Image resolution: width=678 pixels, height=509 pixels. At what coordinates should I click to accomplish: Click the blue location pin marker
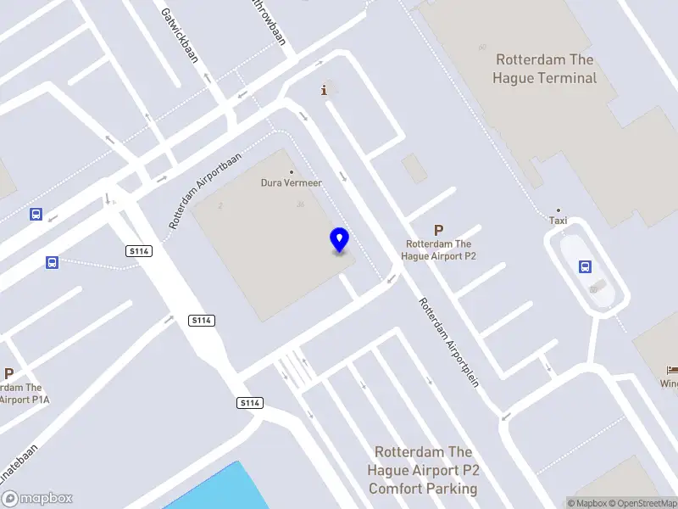(340, 240)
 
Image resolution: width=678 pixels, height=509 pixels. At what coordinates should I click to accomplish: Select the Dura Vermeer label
(292, 182)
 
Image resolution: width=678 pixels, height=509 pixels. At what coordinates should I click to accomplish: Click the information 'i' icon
(323, 90)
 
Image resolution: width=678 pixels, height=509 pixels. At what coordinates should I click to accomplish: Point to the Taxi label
(558, 221)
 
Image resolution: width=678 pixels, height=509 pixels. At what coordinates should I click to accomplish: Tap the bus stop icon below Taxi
(585, 266)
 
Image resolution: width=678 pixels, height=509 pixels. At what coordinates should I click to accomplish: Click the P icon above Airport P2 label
(438, 230)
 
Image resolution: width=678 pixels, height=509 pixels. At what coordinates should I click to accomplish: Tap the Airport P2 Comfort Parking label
(423, 470)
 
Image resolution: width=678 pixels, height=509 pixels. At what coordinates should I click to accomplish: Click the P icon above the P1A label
(8, 373)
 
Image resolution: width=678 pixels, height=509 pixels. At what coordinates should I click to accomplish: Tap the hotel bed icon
(672, 371)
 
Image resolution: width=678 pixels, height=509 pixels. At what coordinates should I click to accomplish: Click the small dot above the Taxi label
(558, 210)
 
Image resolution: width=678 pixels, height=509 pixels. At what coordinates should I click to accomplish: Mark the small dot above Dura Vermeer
(292, 171)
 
